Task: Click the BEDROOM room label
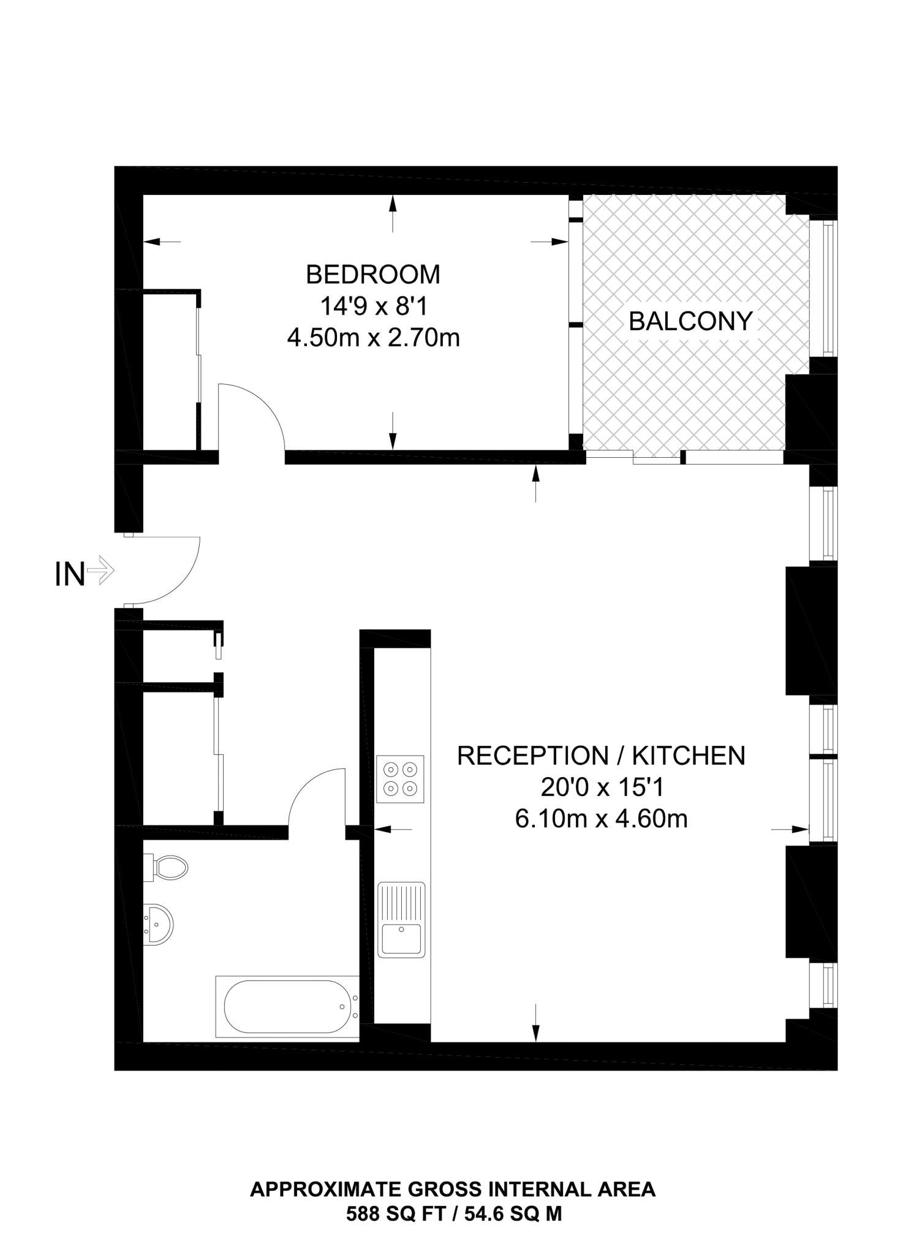pyautogui.click(x=372, y=275)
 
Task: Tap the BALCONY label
pyautogui.click(x=690, y=321)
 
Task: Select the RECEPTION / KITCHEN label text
pyautogui.click(x=601, y=756)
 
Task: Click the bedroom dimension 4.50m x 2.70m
pyautogui.click(x=373, y=338)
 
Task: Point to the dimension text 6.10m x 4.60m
pyautogui.click(x=601, y=819)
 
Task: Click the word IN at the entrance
pyautogui.click(x=70, y=575)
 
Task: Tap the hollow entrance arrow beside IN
pyautogui.click(x=101, y=572)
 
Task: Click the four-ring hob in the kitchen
pyautogui.click(x=401, y=779)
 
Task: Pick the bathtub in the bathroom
pyautogui.click(x=287, y=1007)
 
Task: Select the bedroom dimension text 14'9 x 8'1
pyautogui.click(x=373, y=306)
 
